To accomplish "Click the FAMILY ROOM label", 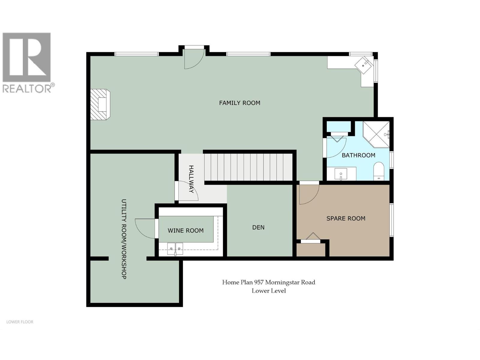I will (x=239, y=103).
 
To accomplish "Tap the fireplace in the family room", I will (x=100, y=104).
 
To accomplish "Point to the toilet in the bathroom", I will (x=379, y=172).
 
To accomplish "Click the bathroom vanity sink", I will (x=341, y=174).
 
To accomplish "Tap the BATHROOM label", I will (x=358, y=155).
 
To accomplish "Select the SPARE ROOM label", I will (x=346, y=219).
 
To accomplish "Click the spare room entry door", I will (x=308, y=193).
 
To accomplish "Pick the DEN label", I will (x=258, y=227).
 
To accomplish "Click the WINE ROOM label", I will (x=185, y=231).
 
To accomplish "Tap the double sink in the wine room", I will (x=175, y=249).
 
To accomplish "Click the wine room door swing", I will (x=145, y=228).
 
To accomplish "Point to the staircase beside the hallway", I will (x=248, y=167).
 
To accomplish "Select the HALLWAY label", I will (x=191, y=179).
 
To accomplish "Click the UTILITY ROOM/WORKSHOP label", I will (x=124, y=239).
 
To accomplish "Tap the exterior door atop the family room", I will (x=193, y=58).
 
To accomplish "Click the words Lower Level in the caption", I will (x=268, y=291).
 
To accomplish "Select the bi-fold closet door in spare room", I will (x=310, y=238).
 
